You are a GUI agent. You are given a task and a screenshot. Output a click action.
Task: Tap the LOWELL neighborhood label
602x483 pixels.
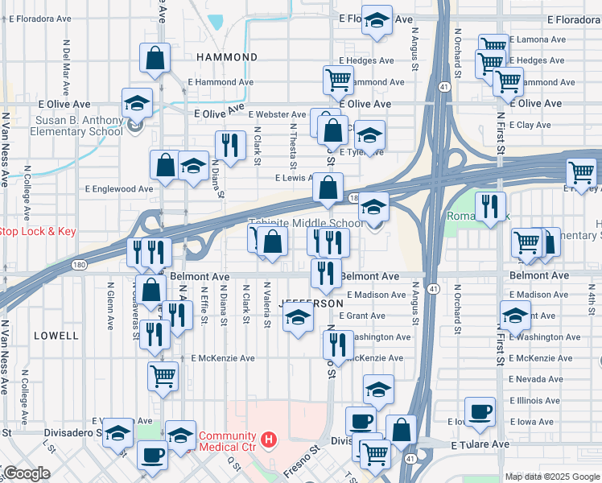(56, 335)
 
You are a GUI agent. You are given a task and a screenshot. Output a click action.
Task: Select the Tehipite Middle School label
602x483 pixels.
(304, 224)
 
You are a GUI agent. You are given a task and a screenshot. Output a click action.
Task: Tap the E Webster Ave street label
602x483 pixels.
(277, 115)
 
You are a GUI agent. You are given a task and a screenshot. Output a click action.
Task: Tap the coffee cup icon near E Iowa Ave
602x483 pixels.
(480, 411)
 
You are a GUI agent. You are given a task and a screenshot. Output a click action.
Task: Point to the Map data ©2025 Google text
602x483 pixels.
(551, 477)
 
